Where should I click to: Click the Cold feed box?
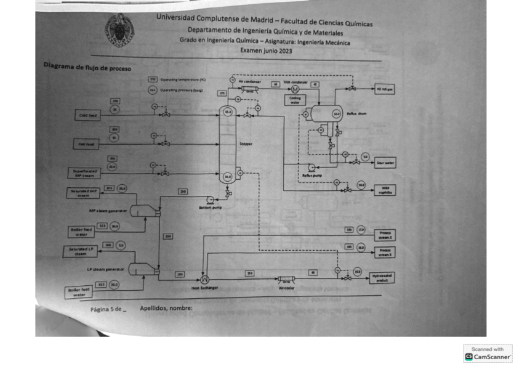[x=87, y=115]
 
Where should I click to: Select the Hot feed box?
[x=86, y=144]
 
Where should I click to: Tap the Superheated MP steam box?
[x=82, y=172]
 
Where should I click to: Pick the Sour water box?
[x=385, y=163]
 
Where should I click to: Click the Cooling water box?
[x=294, y=100]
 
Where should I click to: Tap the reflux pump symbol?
[x=311, y=166]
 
